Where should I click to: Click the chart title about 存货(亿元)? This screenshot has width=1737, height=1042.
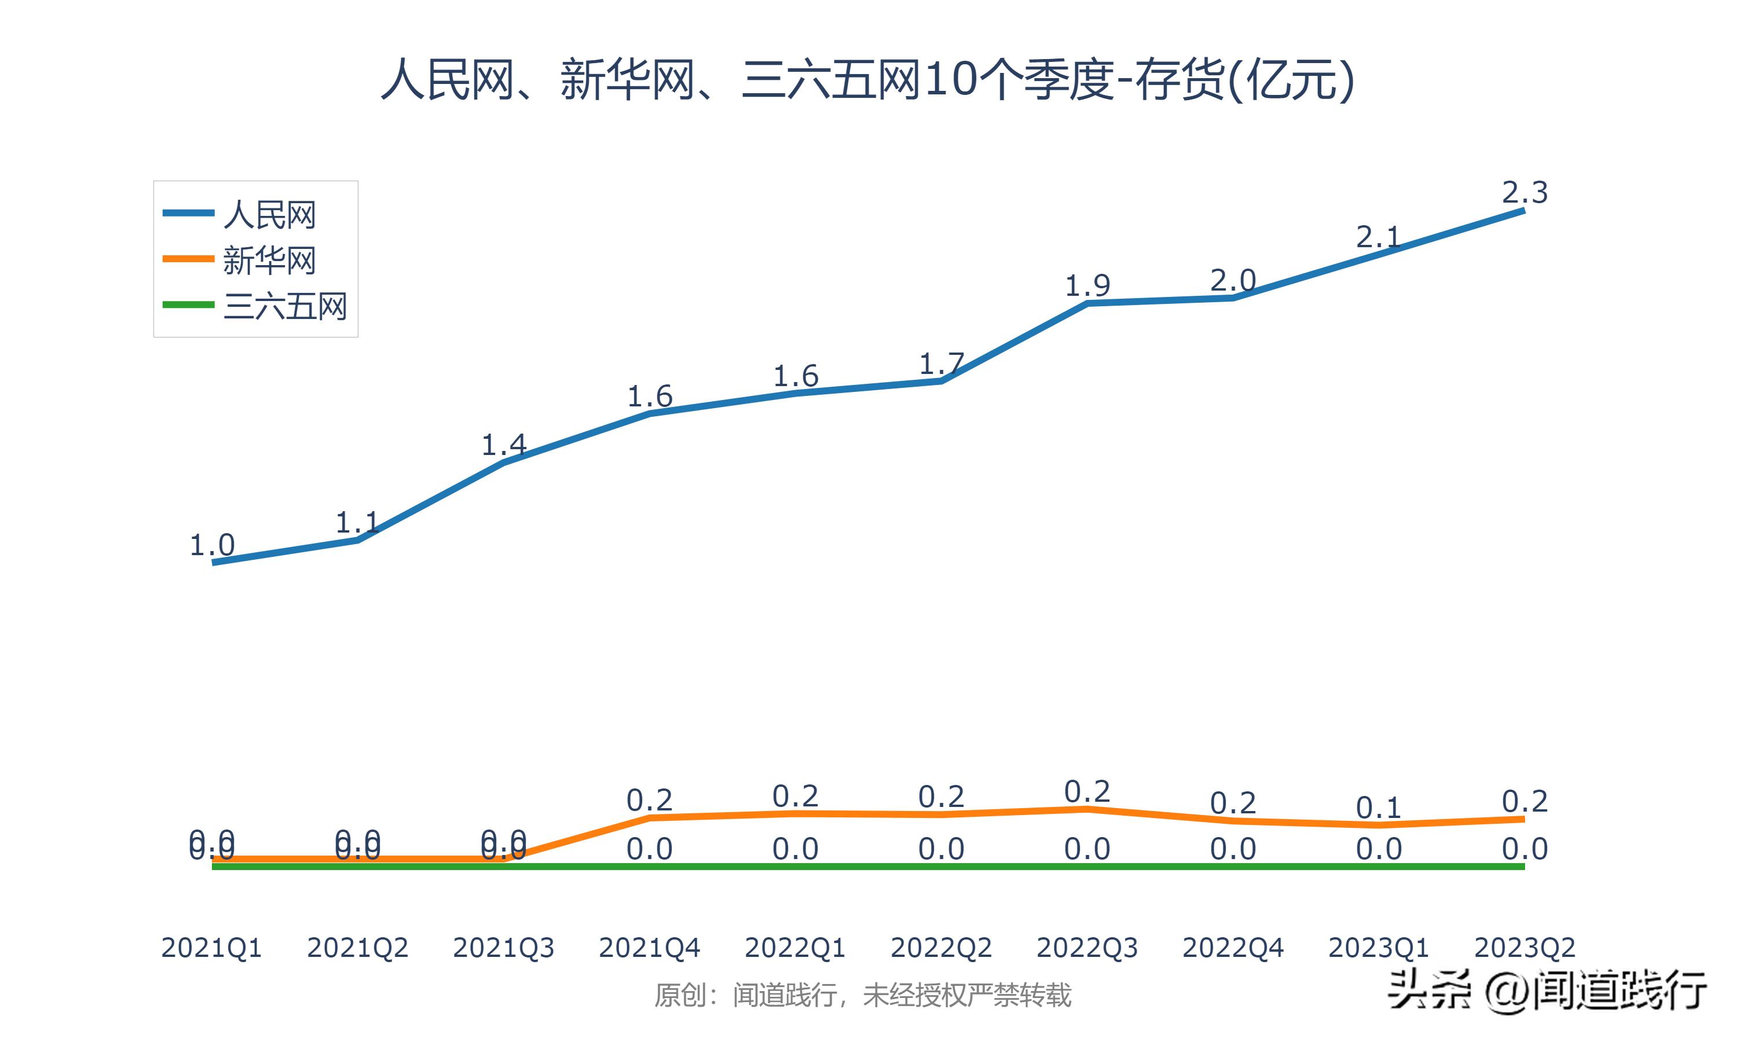pyautogui.click(x=867, y=79)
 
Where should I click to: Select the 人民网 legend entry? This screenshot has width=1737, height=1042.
pyautogui.click(x=269, y=214)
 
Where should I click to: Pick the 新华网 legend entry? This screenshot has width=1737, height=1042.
pyautogui.click(x=269, y=260)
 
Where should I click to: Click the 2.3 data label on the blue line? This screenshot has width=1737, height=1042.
pyautogui.click(x=1525, y=192)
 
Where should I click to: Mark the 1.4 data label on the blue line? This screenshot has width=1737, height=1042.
pyautogui.click(x=503, y=445)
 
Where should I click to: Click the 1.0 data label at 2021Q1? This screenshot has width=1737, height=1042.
pyautogui.click(x=212, y=545)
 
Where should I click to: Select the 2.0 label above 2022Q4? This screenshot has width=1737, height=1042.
pyautogui.click(x=1233, y=281)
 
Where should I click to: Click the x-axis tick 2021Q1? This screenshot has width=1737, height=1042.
pyautogui.click(x=211, y=948)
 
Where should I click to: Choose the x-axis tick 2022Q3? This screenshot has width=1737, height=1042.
pyautogui.click(x=1087, y=948)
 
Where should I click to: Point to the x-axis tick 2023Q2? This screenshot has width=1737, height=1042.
pyautogui.click(x=1525, y=948)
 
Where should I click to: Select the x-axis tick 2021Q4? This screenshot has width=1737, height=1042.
pyautogui.click(x=650, y=948)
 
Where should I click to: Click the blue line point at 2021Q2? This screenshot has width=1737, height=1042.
pyautogui.click(x=358, y=540)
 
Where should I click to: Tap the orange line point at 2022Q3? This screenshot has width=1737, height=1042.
pyautogui.click(x=1087, y=809)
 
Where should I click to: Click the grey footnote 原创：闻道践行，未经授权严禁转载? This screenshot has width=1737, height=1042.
pyautogui.click(x=863, y=995)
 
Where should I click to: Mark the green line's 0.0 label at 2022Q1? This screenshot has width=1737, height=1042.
pyautogui.click(x=796, y=849)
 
